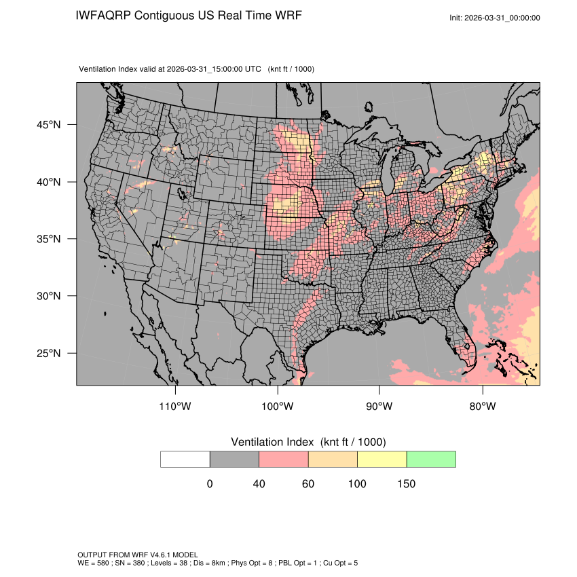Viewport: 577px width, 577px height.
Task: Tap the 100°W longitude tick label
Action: point(278,407)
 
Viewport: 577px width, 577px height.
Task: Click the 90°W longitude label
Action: point(379,407)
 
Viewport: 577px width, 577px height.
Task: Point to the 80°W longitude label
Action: point(482,407)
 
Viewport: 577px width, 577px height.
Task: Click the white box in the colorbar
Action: point(185,459)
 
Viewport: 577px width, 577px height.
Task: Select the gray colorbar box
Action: point(234,459)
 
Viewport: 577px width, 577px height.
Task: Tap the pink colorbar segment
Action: point(284,459)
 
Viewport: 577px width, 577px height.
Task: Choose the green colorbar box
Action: point(431,459)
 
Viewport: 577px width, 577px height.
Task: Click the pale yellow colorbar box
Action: point(381,459)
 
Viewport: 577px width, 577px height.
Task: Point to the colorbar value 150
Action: point(406,484)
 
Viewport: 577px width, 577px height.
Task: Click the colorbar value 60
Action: point(308,484)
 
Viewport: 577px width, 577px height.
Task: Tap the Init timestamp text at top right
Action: point(495,18)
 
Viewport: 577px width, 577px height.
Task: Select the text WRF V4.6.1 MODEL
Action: point(162,555)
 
